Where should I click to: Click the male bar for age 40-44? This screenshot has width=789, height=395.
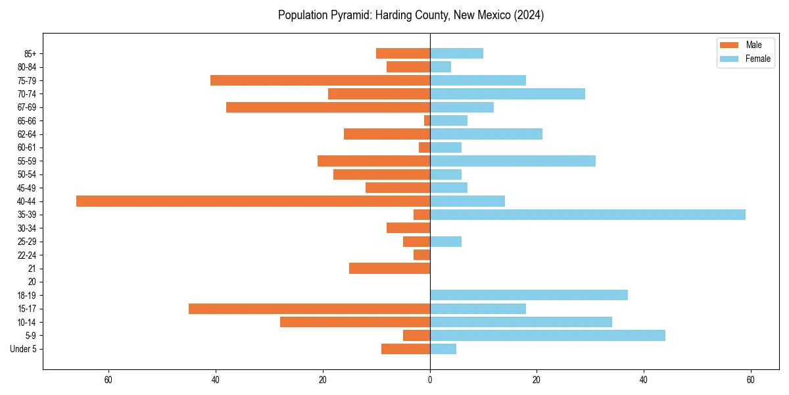(253, 201)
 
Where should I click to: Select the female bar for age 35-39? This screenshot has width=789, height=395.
(588, 215)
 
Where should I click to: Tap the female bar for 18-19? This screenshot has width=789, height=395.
(529, 295)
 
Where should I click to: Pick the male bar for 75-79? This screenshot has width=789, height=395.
(320, 80)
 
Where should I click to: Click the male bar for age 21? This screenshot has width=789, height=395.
(389, 268)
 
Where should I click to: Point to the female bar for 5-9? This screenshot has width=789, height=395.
(548, 335)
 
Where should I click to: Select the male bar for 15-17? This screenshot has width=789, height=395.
(309, 309)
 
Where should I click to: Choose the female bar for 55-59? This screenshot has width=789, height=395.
(513, 161)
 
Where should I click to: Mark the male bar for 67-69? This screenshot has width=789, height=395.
(328, 107)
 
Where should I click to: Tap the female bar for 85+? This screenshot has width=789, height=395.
(456, 53)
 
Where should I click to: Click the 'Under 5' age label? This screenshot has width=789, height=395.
(23, 349)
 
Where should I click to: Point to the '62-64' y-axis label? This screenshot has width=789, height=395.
(27, 134)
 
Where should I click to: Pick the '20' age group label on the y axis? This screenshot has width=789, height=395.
(32, 282)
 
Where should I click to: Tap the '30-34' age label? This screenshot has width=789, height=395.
(27, 228)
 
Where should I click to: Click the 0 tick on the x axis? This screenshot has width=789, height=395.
(430, 380)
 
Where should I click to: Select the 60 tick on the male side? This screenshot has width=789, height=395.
(108, 380)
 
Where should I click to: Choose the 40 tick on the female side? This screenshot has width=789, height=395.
(644, 380)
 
